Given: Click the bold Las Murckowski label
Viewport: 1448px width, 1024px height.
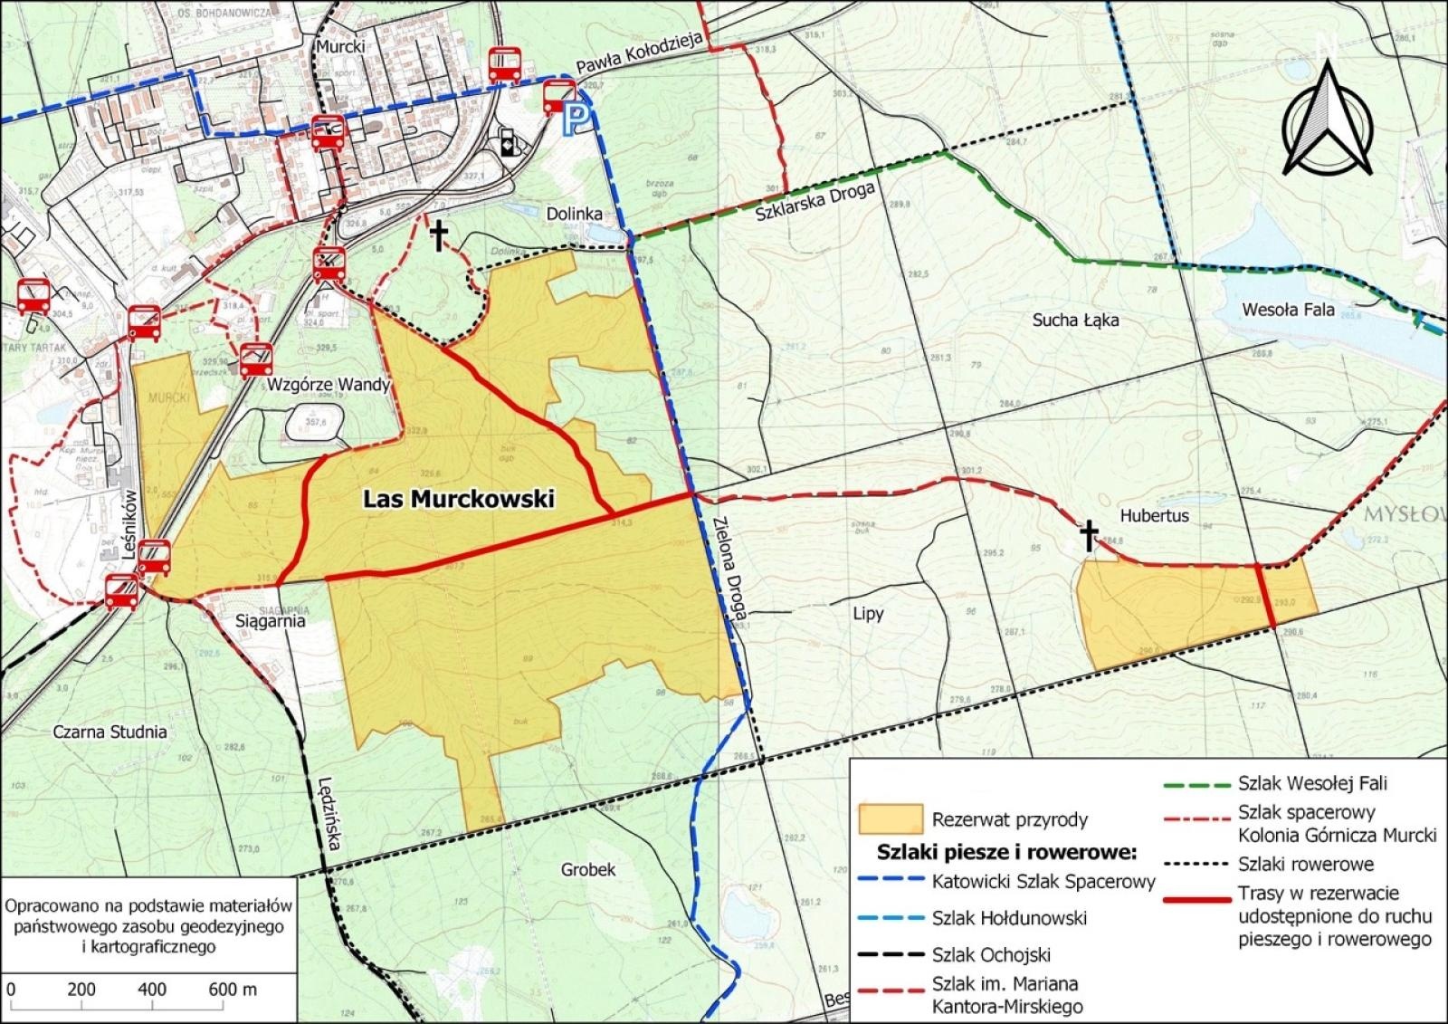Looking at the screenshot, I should point(458,499).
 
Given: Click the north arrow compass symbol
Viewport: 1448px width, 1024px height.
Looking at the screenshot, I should point(1328,117).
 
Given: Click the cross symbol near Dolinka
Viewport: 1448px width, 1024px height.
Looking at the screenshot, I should point(439,236).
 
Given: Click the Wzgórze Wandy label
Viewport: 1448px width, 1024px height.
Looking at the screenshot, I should point(329,384).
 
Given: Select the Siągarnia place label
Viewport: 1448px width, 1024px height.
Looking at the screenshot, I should point(271,622).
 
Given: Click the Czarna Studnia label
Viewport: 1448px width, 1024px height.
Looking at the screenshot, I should point(109,732).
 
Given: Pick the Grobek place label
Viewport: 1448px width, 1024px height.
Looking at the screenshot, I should point(588,869).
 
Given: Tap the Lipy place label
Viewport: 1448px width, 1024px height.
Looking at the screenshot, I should point(868,614).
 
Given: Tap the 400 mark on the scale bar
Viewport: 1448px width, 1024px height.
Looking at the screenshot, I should point(152,989).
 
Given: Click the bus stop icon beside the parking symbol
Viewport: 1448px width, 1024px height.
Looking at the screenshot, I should point(559,94).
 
